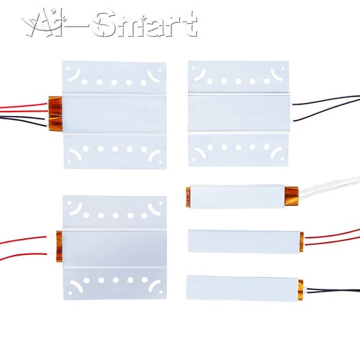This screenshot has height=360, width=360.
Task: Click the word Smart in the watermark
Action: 145,24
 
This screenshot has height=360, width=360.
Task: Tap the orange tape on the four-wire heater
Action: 55,114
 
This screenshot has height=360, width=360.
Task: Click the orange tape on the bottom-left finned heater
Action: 59,246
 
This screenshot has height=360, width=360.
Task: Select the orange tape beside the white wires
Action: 292,196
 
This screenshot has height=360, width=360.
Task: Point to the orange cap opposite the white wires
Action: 188,197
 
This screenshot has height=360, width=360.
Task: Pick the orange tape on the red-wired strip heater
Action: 302,242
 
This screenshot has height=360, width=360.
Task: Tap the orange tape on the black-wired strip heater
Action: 301,290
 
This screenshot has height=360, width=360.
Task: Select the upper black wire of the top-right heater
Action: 325,100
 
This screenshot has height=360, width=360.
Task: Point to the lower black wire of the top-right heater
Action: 325,112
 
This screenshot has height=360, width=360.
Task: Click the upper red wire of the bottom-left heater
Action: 23,240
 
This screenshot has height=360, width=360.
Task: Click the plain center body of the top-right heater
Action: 239,113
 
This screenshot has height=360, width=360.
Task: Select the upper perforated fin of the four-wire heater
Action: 114,78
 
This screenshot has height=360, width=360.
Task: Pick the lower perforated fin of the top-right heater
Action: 238,149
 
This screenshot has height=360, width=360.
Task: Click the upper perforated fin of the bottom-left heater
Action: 114,212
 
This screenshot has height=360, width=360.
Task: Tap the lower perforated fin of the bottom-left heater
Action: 114,284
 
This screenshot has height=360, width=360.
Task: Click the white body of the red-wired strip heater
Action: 244,242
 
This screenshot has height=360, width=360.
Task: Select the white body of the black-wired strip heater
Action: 243,289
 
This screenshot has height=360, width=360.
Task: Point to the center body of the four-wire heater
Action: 114,114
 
